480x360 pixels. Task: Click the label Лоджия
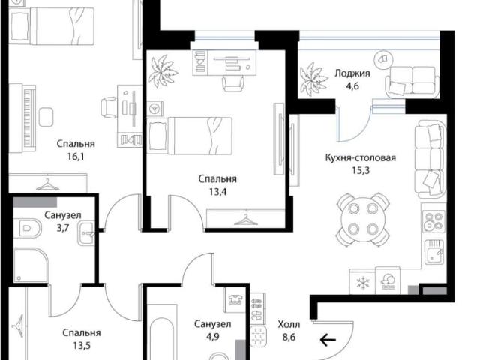click(352, 73)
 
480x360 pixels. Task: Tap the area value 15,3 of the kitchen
click(361, 170)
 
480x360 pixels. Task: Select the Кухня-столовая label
click(361, 158)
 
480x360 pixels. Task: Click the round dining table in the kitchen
click(363, 219)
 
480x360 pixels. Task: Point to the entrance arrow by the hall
click(328, 340)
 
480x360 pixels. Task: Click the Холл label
click(289, 324)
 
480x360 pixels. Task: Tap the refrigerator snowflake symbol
click(363, 283)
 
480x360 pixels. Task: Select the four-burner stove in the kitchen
click(434, 221)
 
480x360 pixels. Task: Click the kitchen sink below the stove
click(434, 251)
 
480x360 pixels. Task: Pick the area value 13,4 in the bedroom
click(217, 192)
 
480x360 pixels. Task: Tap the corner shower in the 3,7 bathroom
click(31, 265)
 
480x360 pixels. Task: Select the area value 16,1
click(76, 157)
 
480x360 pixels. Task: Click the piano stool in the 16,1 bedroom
click(46, 117)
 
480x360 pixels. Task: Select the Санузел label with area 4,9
click(213, 324)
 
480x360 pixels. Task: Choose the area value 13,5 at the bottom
click(82, 346)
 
